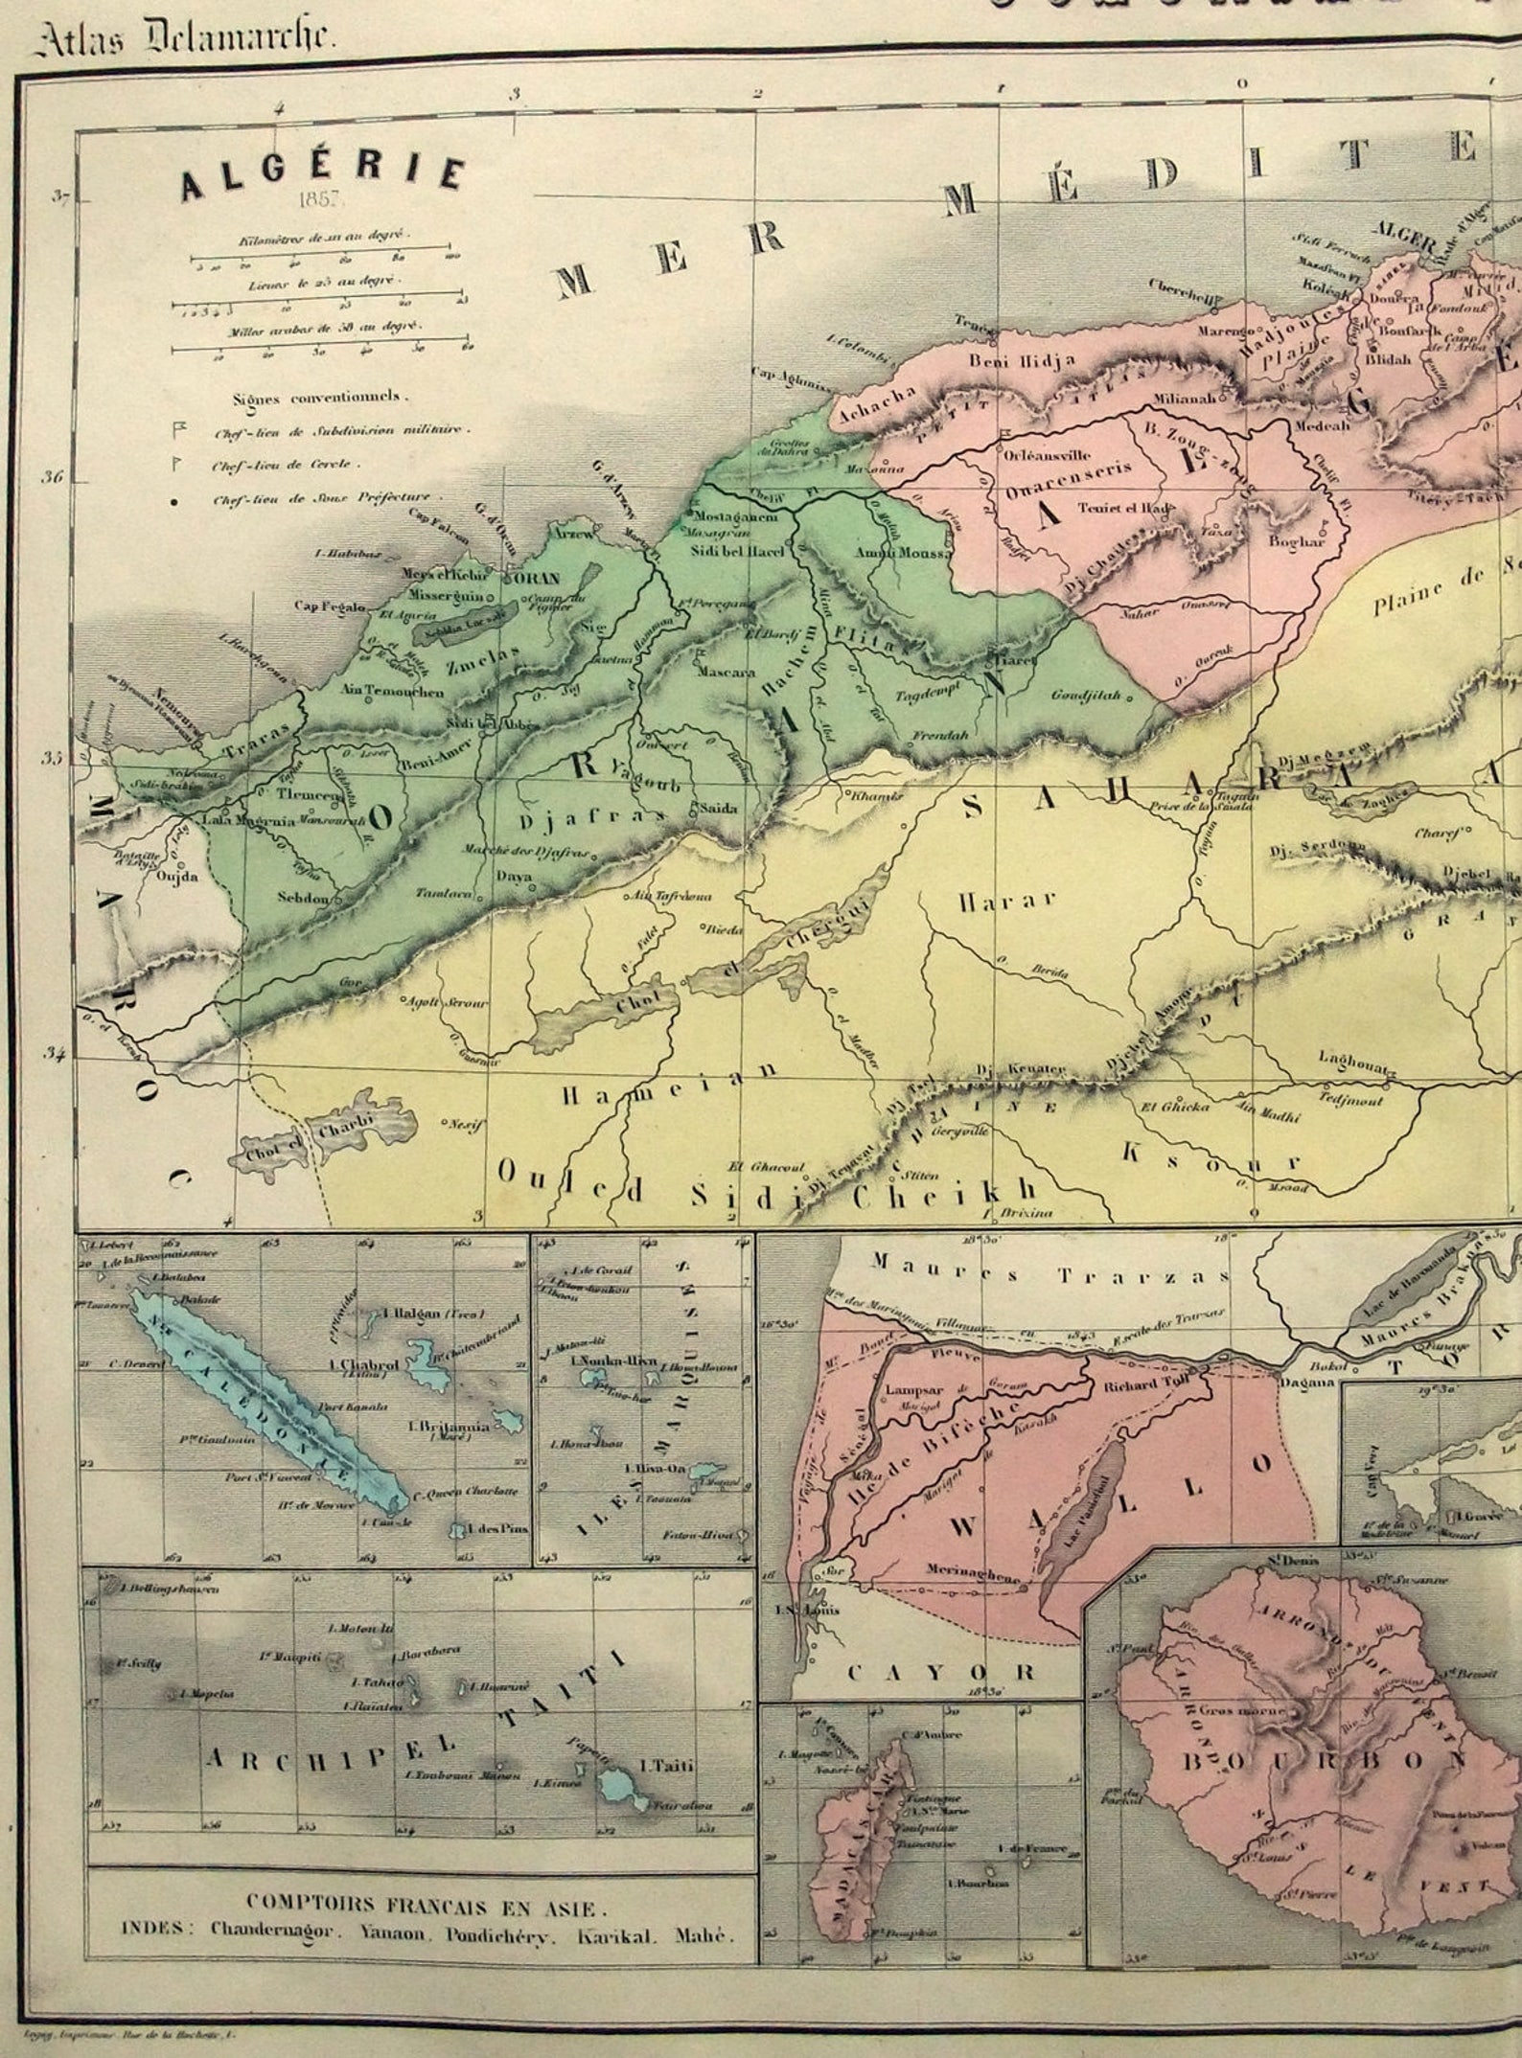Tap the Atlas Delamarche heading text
pos(184,39)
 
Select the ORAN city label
pos(542,579)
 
